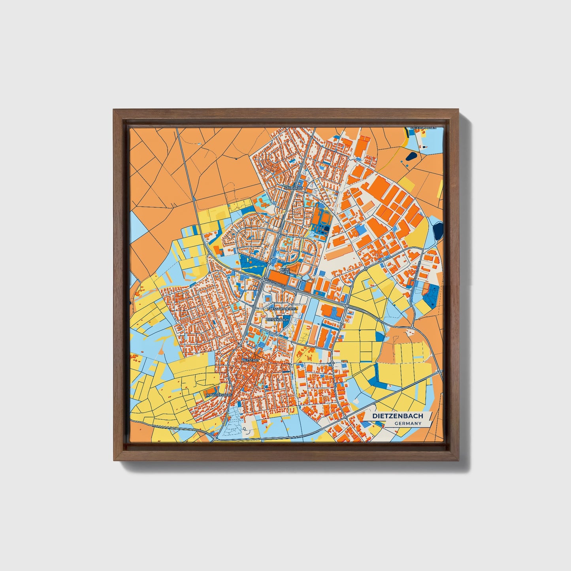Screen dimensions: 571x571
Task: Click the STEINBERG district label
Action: pyautogui.click(x=293, y=188)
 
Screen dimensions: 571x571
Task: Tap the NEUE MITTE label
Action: pyautogui.click(x=285, y=271)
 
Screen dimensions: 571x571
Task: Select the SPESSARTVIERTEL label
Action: pyautogui.click(x=282, y=309)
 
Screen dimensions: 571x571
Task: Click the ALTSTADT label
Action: pyautogui.click(x=251, y=360)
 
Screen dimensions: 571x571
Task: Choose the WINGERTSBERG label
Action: pyautogui.click(x=218, y=394)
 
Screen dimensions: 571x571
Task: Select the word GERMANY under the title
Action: pyautogui.click(x=407, y=424)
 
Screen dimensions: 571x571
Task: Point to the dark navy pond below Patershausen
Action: pyautogui.click(x=411, y=156)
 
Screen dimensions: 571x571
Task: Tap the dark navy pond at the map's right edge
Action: pyautogui.click(x=438, y=230)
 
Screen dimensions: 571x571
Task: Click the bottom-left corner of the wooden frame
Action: pyautogui.click(x=114, y=460)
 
